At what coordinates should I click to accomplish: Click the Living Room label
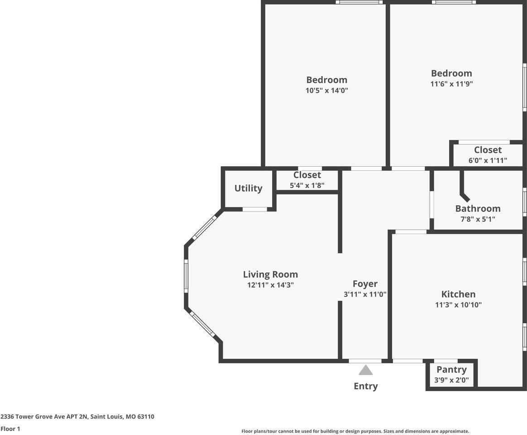270,274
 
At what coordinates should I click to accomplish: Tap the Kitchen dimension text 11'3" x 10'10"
458,305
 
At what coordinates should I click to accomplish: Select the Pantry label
451,369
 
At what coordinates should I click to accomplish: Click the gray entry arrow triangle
365,371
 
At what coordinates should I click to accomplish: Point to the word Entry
365,386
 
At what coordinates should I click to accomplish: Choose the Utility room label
248,188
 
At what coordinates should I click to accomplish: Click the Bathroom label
478,208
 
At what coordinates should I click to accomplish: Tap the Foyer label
365,284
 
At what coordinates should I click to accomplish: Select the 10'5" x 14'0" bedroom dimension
326,91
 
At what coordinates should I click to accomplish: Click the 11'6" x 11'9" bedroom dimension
451,84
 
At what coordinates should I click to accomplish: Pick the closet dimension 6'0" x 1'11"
488,160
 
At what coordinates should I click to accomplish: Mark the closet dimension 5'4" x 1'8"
307,185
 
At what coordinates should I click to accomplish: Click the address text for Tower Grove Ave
77,416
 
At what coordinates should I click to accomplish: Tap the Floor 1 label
10,429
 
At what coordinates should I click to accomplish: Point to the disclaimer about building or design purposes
355,431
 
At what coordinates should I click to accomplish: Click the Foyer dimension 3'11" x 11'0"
365,295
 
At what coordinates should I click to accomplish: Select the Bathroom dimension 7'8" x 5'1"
478,219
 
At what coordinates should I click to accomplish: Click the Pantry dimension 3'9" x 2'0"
451,380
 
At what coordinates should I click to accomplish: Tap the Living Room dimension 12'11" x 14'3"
270,285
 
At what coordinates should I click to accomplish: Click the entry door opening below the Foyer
365,361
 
